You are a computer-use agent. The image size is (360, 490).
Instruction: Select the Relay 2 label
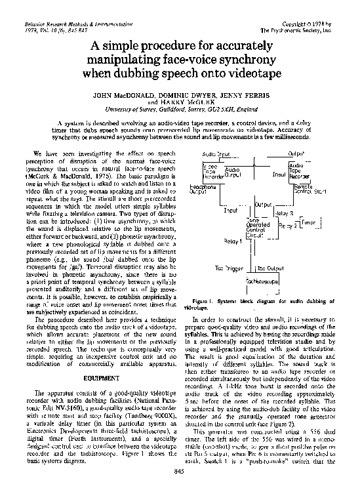[x=288, y=225]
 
